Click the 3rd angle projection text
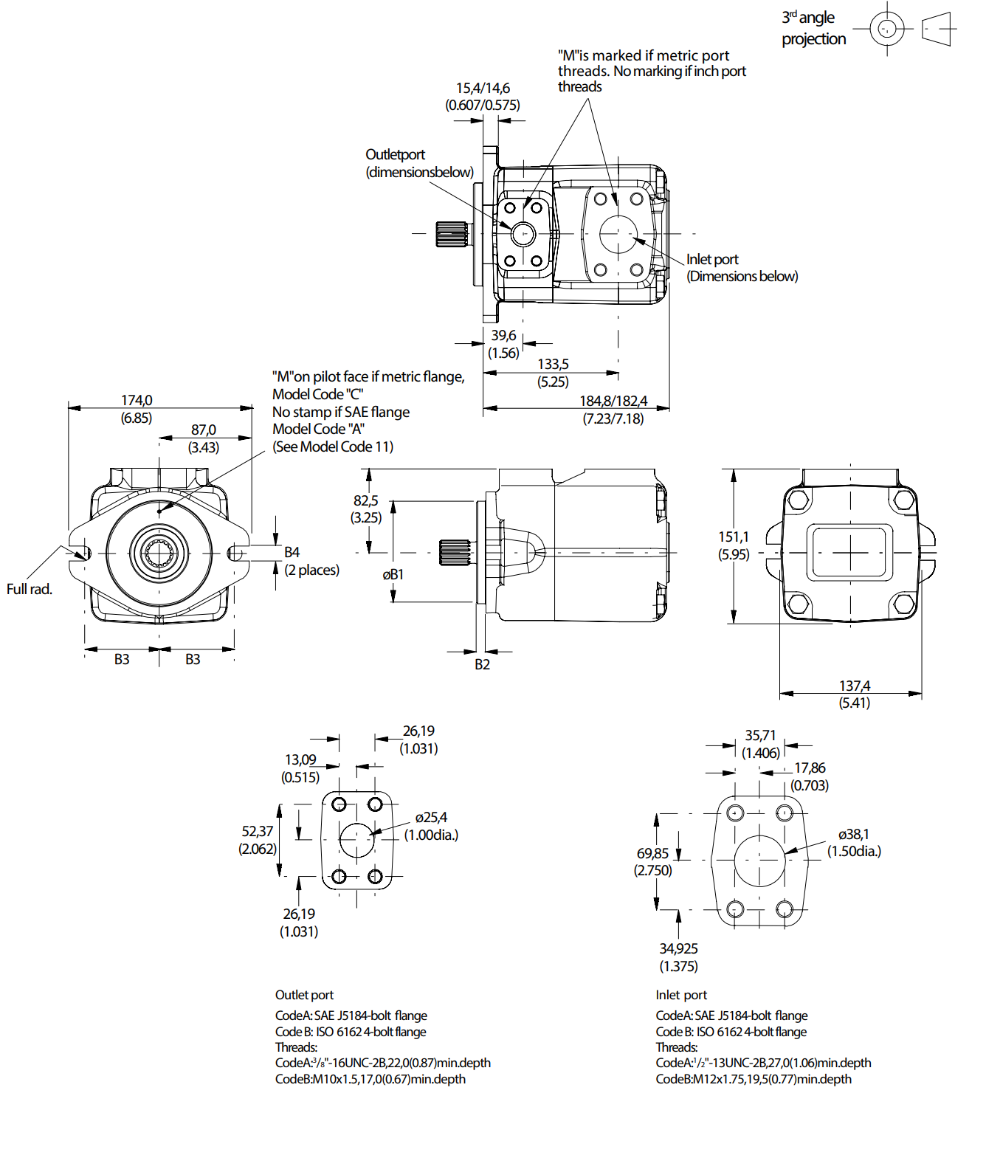(813, 28)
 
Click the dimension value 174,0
(137, 401)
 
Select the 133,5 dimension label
(553, 365)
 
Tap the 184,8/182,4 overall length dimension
(613, 401)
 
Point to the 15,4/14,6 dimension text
(483, 89)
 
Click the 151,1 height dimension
(734, 537)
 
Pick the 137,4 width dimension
(855, 686)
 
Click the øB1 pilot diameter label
(393, 575)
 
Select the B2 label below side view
(482, 665)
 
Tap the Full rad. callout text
(30, 589)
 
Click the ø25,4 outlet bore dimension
(431, 818)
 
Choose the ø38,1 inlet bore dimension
(854, 835)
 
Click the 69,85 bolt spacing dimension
(652, 854)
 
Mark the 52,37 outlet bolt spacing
(257, 832)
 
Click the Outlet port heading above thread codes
(304, 995)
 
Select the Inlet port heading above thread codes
(681, 995)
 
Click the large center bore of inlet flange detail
(759, 861)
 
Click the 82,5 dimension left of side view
(366, 501)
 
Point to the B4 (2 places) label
(310, 561)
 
